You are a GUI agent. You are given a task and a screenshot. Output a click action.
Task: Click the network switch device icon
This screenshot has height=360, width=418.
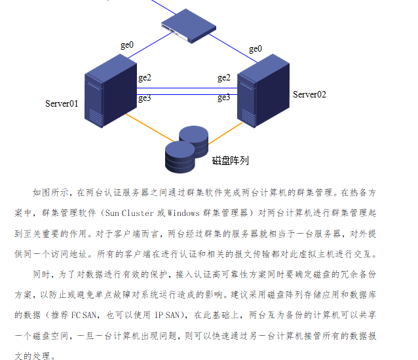pyautogui.click(x=188, y=28)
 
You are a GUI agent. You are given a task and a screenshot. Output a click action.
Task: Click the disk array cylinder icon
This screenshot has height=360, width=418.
pyautogui.click(x=187, y=149)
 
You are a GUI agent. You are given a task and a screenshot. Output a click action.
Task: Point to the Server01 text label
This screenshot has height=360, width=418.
pyautogui.click(x=62, y=103)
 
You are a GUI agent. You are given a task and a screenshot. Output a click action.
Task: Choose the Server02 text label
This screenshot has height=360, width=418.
pyautogui.click(x=309, y=94)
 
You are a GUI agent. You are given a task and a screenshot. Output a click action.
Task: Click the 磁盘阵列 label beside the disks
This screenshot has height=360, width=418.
pyautogui.click(x=230, y=160)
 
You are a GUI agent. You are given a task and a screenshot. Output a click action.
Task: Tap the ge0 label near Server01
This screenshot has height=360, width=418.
pyautogui.click(x=126, y=45)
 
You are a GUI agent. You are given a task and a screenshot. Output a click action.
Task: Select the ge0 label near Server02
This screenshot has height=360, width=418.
pyautogui.click(x=255, y=48)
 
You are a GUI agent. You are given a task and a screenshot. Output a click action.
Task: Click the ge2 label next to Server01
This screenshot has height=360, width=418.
pyautogui.click(x=144, y=78)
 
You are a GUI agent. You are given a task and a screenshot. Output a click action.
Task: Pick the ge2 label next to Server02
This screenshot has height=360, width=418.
pyautogui.click(x=224, y=78)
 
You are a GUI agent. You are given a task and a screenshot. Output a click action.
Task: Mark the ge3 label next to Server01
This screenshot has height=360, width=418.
pyautogui.click(x=144, y=98)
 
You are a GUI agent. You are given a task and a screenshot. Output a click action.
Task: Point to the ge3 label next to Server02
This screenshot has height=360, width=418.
pyautogui.click(x=224, y=98)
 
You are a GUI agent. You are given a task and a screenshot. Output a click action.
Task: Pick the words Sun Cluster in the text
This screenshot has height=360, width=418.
pyautogui.click(x=128, y=213)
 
